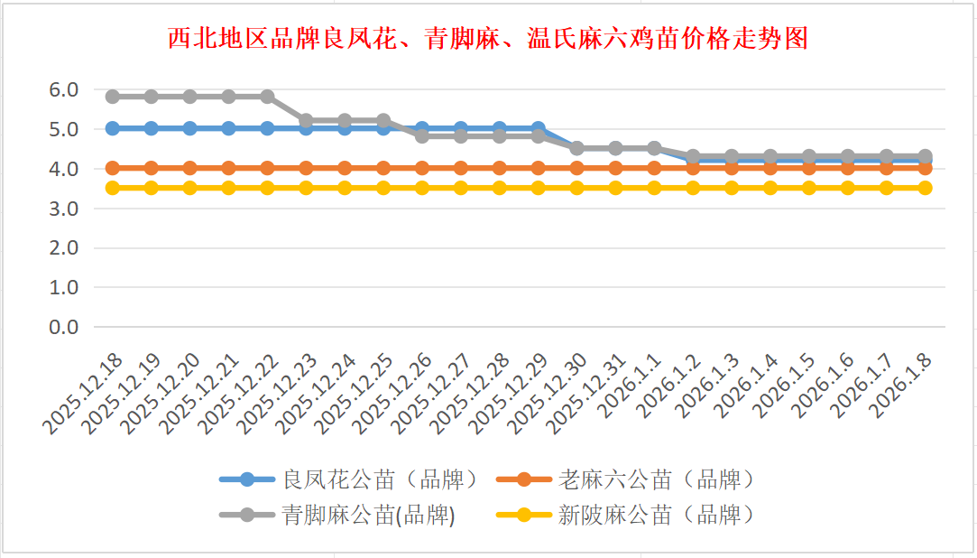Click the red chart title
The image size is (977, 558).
(x=487, y=39)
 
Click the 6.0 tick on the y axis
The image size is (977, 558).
(x=65, y=89)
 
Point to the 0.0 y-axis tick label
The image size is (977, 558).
(x=65, y=327)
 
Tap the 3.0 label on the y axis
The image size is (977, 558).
(x=65, y=208)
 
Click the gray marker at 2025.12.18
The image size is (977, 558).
(x=113, y=97)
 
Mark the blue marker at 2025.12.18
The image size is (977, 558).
(x=113, y=128)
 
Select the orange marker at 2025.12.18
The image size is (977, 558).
(x=113, y=168)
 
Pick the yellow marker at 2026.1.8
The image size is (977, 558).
(x=925, y=188)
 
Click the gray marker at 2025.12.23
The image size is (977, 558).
(x=306, y=120)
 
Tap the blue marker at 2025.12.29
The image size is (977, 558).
(x=539, y=128)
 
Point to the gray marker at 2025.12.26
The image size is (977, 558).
(x=422, y=136)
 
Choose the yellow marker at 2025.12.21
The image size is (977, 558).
(x=229, y=188)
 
